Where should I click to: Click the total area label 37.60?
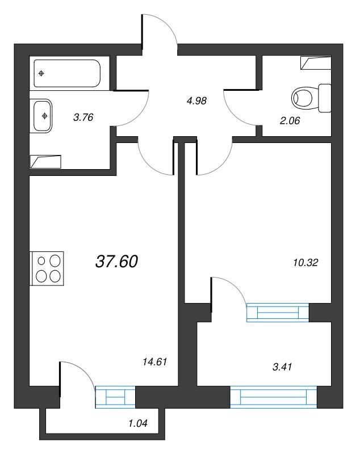point(116,262)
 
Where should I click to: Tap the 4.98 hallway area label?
point(196,101)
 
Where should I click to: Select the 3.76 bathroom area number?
point(83,117)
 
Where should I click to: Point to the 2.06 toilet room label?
point(290,120)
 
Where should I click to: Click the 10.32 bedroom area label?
point(305,263)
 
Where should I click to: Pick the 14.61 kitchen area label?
point(155,361)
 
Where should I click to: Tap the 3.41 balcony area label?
point(282,367)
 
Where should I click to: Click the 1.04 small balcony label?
point(138,423)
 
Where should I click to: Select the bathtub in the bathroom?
point(67,73)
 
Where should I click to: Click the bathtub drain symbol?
point(41,73)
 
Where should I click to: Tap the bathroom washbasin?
point(43,116)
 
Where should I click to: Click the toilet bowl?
point(303,98)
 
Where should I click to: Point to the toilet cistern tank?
point(325,98)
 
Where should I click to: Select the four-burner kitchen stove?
point(47,268)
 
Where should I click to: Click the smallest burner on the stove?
point(41,261)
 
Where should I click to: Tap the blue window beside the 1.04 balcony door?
point(115,397)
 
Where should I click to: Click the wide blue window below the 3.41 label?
point(273,397)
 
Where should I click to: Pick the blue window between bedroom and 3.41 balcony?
point(278,313)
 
